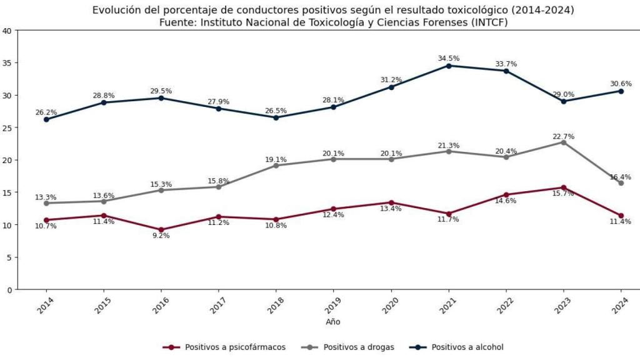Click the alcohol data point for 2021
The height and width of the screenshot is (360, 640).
coord(449,66)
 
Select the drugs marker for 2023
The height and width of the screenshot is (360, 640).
coord(564,142)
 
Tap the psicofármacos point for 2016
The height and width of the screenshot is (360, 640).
coord(161,230)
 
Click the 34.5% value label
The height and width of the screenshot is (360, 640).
coord(449,58)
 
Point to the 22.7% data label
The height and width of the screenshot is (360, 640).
coord(564,136)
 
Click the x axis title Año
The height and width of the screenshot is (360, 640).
coord(333,322)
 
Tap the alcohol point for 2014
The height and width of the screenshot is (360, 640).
coord(46,119)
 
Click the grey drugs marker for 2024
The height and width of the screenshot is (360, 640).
coord(621,183)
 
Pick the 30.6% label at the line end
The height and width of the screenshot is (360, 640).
coord(620,83)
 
